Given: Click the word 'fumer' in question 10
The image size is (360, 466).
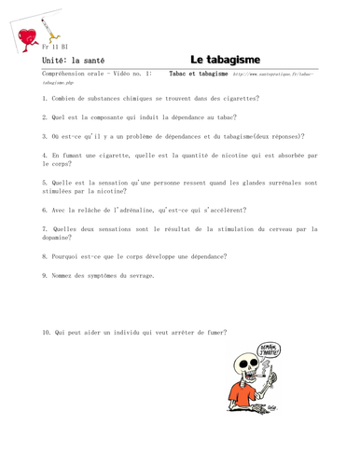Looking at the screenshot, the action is coord(214,332).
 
